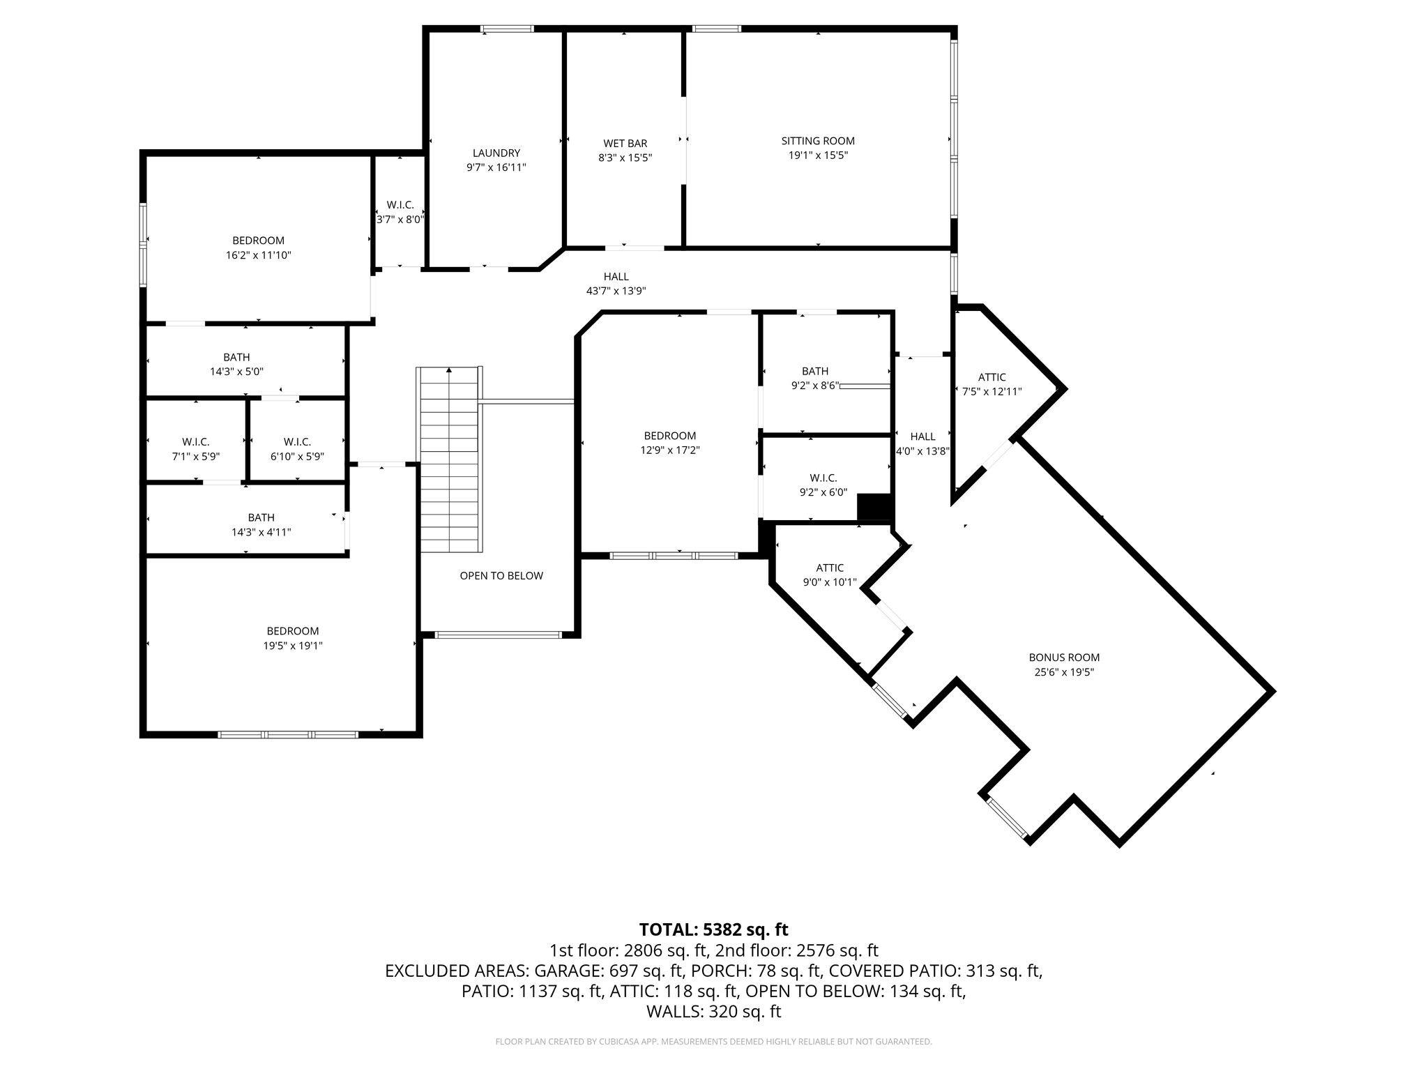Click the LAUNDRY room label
click(x=496, y=153)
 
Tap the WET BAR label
click(x=625, y=144)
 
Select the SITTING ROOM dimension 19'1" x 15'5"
click(x=817, y=155)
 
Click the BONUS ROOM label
click(x=1064, y=658)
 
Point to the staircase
click(x=449, y=460)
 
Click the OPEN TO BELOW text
click(x=501, y=576)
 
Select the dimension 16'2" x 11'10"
click(x=258, y=256)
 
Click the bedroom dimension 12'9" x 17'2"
click(x=669, y=450)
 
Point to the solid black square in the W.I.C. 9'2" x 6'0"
click(x=874, y=507)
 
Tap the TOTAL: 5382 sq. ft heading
click(x=713, y=929)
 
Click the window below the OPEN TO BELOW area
click(x=498, y=635)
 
